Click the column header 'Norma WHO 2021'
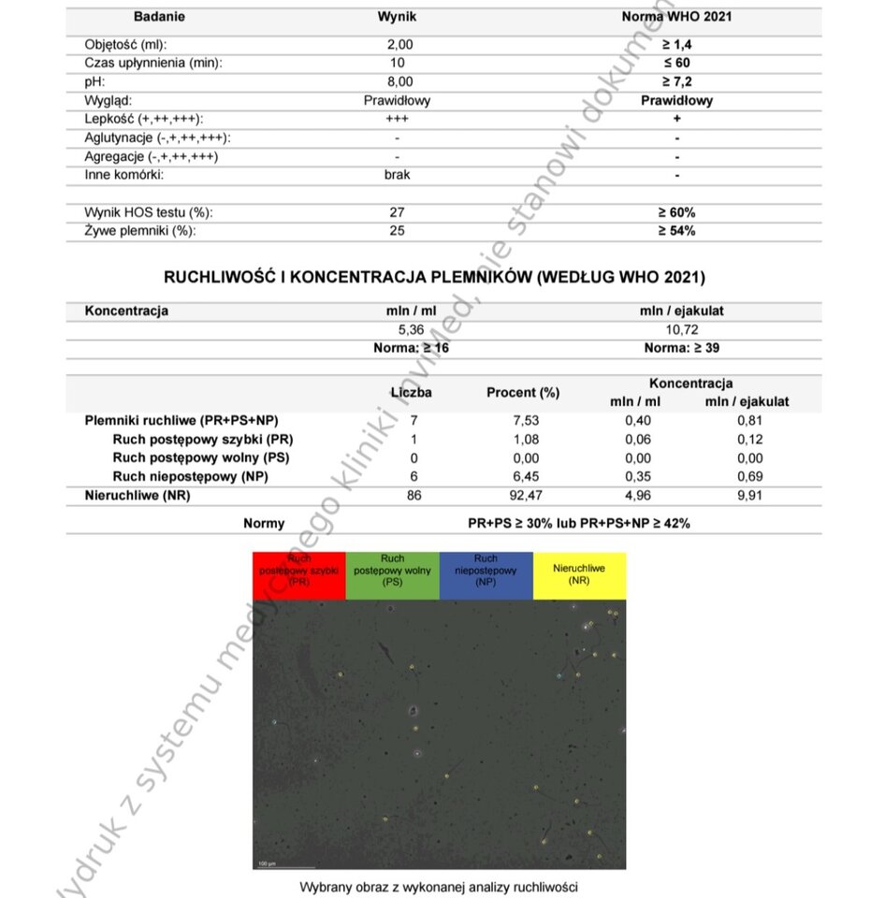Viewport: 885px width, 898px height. point(676,17)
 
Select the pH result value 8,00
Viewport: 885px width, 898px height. point(399,81)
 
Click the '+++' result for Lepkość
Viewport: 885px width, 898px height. point(397,119)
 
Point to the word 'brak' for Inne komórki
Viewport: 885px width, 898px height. point(397,174)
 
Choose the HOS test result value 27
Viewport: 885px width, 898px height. point(397,212)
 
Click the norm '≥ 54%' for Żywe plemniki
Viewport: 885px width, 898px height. point(676,231)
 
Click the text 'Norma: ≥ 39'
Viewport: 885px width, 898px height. point(681,348)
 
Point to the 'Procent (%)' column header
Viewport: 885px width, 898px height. point(523,393)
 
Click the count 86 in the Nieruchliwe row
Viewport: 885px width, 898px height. point(413,496)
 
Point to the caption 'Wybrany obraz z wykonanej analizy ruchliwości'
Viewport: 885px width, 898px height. point(439,886)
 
